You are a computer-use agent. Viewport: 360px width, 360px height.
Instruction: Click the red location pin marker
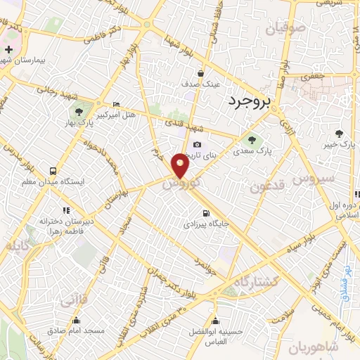(x=181, y=165)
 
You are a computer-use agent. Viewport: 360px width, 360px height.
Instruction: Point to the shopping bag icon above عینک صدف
(x=200, y=73)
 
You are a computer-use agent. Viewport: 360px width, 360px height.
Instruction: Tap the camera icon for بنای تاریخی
(x=197, y=145)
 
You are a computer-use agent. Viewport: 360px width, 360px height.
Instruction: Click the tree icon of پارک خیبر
(x=339, y=134)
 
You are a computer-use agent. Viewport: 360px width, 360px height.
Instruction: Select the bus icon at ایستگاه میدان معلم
(x=53, y=171)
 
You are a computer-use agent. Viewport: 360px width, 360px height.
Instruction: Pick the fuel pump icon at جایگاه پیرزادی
(x=205, y=214)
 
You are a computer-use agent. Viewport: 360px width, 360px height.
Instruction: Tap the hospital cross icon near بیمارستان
(x=8, y=50)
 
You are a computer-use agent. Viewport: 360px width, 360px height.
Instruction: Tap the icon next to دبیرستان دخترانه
(x=66, y=210)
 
